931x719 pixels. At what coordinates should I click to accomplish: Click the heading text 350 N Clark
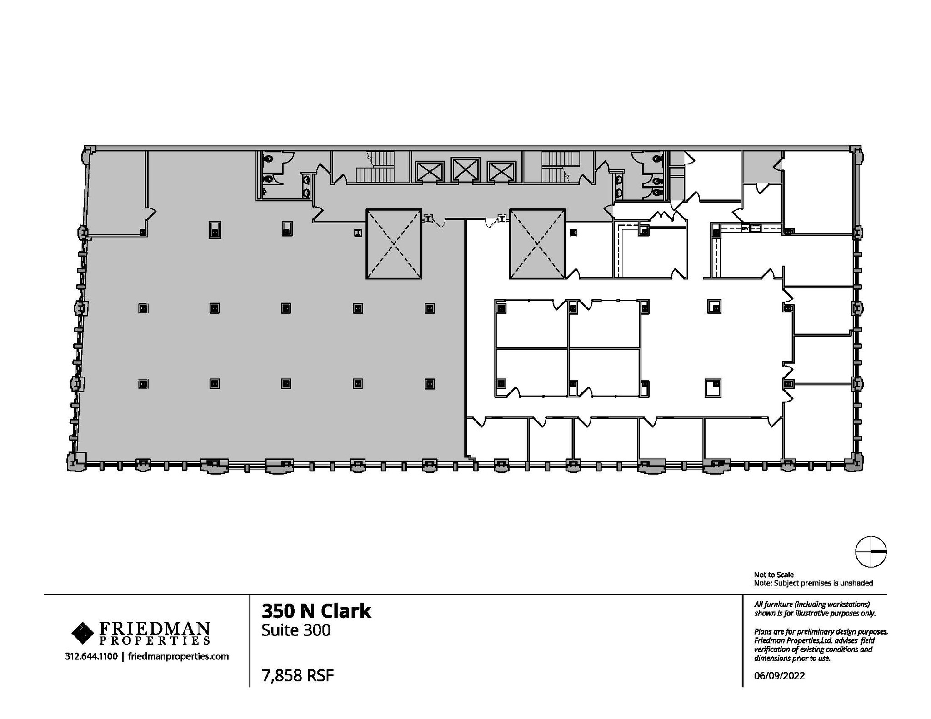[x=316, y=611]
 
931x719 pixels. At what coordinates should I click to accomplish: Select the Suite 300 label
[x=295, y=630]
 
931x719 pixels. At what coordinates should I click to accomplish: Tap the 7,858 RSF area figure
[x=297, y=676]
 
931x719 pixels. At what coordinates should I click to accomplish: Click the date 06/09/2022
[x=779, y=676]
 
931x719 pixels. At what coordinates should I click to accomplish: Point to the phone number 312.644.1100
[x=91, y=656]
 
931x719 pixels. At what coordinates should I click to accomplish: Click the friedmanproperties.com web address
[x=178, y=656]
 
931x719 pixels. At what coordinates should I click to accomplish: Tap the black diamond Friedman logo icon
[x=82, y=633]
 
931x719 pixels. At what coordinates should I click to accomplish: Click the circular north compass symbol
[x=871, y=551]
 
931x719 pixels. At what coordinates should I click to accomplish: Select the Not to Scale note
[x=774, y=575]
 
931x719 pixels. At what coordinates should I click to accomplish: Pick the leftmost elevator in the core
[x=430, y=172]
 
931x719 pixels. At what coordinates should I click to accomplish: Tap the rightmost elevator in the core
[x=501, y=172]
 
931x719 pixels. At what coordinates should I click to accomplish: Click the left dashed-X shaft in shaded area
[x=394, y=244]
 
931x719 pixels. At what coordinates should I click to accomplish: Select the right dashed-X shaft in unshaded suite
[x=537, y=244]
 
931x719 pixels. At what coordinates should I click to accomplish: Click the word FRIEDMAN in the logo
[x=155, y=629]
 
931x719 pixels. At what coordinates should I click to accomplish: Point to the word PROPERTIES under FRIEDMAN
[x=155, y=640]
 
